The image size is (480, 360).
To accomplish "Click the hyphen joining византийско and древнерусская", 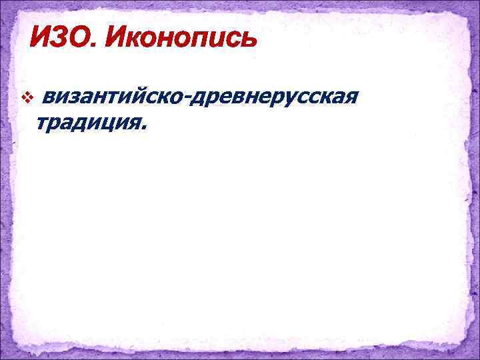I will click(x=190, y=101).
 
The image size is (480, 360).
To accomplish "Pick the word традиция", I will click(x=88, y=123).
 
